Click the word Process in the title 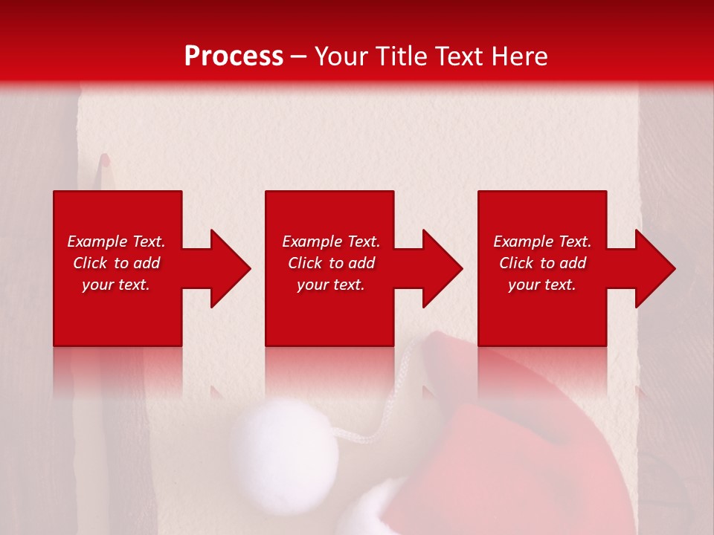tap(234, 56)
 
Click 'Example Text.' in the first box tap(116, 241)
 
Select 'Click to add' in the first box tap(116, 263)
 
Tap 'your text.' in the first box tap(116, 285)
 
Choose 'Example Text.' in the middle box tap(331, 241)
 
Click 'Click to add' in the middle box tap(331, 263)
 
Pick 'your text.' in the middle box tap(331, 285)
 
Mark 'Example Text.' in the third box tap(542, 241)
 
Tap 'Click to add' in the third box tap(542, 263)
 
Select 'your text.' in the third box tap(542, 285)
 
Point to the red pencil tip tap(104, 160)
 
